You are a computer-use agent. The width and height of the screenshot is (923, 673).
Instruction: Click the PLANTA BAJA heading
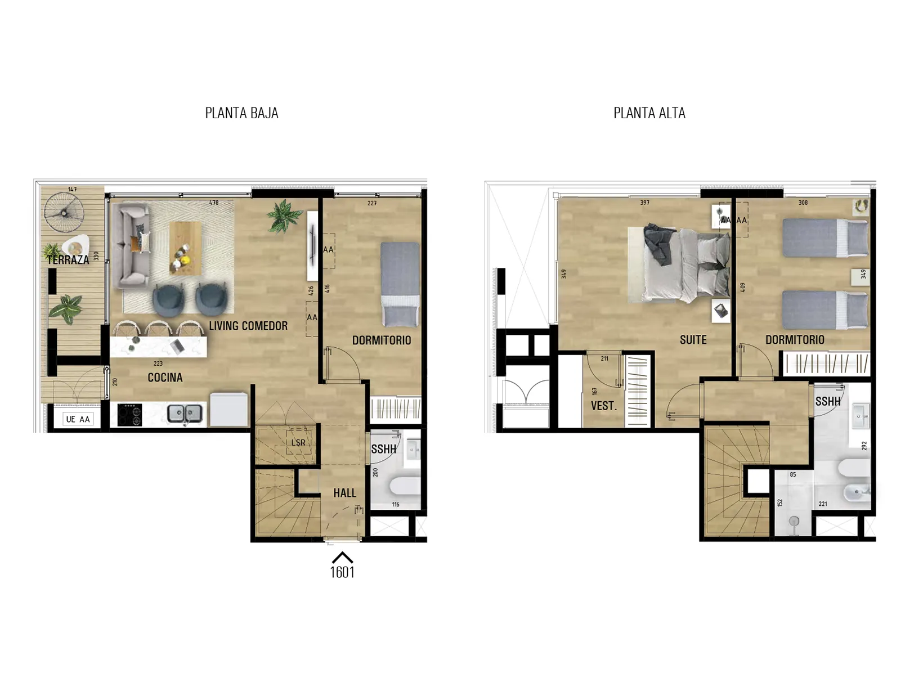(x=242, y=113)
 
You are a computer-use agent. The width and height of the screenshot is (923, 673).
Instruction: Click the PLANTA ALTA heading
(x=649, y=113)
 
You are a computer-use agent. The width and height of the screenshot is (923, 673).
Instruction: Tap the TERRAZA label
(x=68, y=260)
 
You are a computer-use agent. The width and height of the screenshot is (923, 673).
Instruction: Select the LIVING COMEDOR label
(x=248, y=326)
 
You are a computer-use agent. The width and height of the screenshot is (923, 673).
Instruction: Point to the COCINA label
(x=165, y=377)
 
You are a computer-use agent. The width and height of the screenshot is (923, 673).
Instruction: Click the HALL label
(x=344, y=492)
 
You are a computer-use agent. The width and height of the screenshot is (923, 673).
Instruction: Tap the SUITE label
(x=693, y=340)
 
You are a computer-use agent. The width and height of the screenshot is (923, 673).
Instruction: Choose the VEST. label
(x=604, y=406)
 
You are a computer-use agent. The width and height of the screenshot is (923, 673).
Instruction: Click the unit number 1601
(x=342, y=572)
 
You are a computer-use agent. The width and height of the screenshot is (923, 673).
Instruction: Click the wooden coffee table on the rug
(x=185, y=248)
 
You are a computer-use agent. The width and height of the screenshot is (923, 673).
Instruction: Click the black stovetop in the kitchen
(x=129, y=414)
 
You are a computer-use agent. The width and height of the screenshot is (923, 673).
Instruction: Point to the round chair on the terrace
(x=64, y=213)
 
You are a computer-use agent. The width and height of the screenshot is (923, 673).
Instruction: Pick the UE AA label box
(x=78, y=419)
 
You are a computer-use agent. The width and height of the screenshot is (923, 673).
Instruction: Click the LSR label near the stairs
(x=298, y=442)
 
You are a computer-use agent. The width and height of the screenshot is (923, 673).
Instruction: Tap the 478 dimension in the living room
(x=214, y=203)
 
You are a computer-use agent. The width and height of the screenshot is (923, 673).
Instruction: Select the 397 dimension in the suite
(x=645, y=203)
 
